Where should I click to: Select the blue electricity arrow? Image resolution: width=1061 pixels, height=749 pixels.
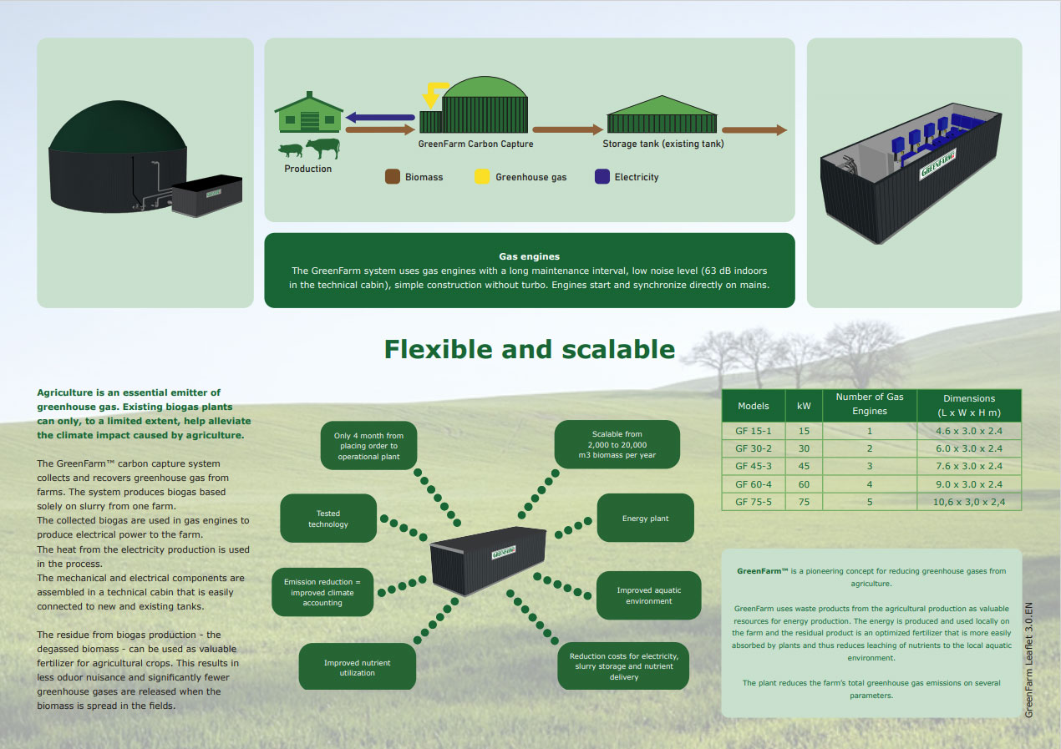(380, 117)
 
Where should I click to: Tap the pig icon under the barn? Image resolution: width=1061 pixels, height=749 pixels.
(291, 150)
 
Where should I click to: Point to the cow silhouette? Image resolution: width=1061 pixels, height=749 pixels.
(323, 148)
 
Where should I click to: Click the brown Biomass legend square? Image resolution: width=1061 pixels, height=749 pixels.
(392, 176)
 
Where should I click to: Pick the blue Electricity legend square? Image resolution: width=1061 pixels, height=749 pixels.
(602, 176)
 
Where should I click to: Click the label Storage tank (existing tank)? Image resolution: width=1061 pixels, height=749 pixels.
(663, 144)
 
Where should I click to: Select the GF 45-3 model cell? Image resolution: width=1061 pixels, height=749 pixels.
(753, 466)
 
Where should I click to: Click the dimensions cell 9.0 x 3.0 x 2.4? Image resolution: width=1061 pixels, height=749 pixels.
(968, 483)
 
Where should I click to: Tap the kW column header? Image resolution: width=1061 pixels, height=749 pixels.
(804, 406)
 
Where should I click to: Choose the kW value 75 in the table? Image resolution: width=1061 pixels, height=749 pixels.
(804, 501)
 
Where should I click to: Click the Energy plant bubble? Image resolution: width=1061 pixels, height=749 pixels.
(645, 518)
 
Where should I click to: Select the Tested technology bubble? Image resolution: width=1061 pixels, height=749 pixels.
(328, 519)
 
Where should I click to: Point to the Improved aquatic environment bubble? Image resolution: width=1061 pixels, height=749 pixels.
(648, 595)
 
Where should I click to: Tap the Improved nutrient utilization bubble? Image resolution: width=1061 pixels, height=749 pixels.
(357, 667)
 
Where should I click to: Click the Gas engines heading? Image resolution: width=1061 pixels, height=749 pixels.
(529, 256)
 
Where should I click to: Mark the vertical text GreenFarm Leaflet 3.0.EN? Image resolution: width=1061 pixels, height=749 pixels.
(1028, 660)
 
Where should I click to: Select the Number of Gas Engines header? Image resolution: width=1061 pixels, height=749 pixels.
(870, 404)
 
